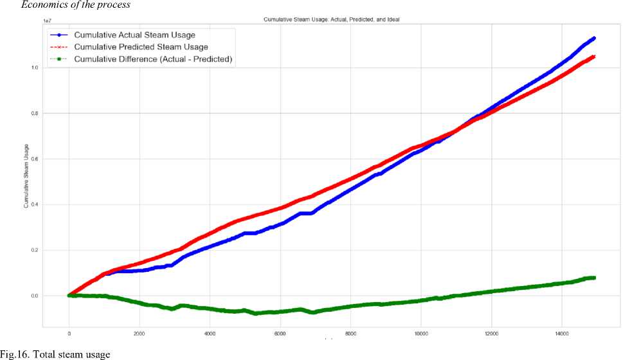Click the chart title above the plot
331,20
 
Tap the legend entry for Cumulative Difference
153,59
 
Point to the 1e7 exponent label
47,21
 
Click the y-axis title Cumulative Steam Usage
26,175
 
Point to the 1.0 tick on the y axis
34,67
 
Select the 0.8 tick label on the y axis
34,113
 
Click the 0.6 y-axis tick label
34,159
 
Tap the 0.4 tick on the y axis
34,204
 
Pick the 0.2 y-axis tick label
34,250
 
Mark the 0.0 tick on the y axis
34,296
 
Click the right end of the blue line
593,39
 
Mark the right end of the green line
593,278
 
